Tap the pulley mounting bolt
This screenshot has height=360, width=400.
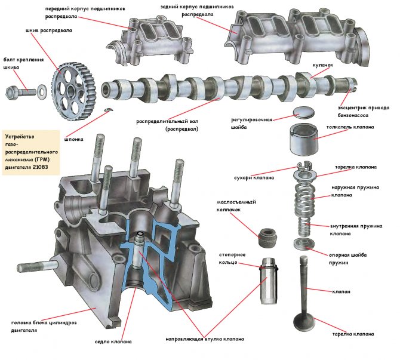(21, 92)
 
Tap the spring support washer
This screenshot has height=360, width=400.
(304, 244)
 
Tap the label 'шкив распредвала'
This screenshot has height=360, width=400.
(48, 30)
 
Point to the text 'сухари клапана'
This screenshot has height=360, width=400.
(254, 177)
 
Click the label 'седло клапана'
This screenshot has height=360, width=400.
(113, 341)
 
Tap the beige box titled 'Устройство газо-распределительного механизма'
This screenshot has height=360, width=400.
(30, 146)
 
